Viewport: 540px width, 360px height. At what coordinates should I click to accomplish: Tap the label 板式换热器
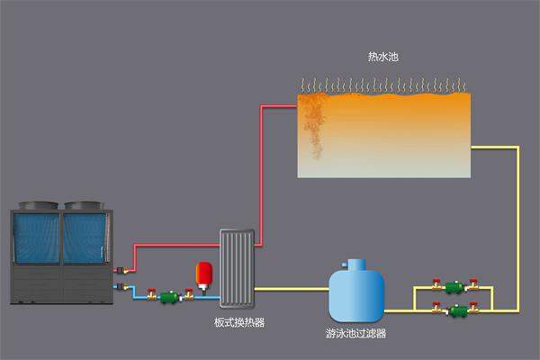[x=239, y=321]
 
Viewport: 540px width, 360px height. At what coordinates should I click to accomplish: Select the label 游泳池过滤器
[x=355, y=332]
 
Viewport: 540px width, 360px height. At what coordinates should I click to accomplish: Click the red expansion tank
[x=203, y=273]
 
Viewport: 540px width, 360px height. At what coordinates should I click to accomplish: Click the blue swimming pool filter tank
[x=356, y=292]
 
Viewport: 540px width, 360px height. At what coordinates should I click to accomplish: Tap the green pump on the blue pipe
[x=168, y=296]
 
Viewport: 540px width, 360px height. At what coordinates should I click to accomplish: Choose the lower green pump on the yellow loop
[x=458, y=311]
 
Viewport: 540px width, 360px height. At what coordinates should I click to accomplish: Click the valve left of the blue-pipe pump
[x=149, y=293]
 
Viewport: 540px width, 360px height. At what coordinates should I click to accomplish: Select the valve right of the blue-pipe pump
[x=188, y=293]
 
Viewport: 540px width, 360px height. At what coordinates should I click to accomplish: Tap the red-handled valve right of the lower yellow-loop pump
[x=474, y=310]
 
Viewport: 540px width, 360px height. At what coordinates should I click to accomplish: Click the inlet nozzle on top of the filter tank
[x=356, y=263]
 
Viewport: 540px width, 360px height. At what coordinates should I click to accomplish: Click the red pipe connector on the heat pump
[x=119, y=268]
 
